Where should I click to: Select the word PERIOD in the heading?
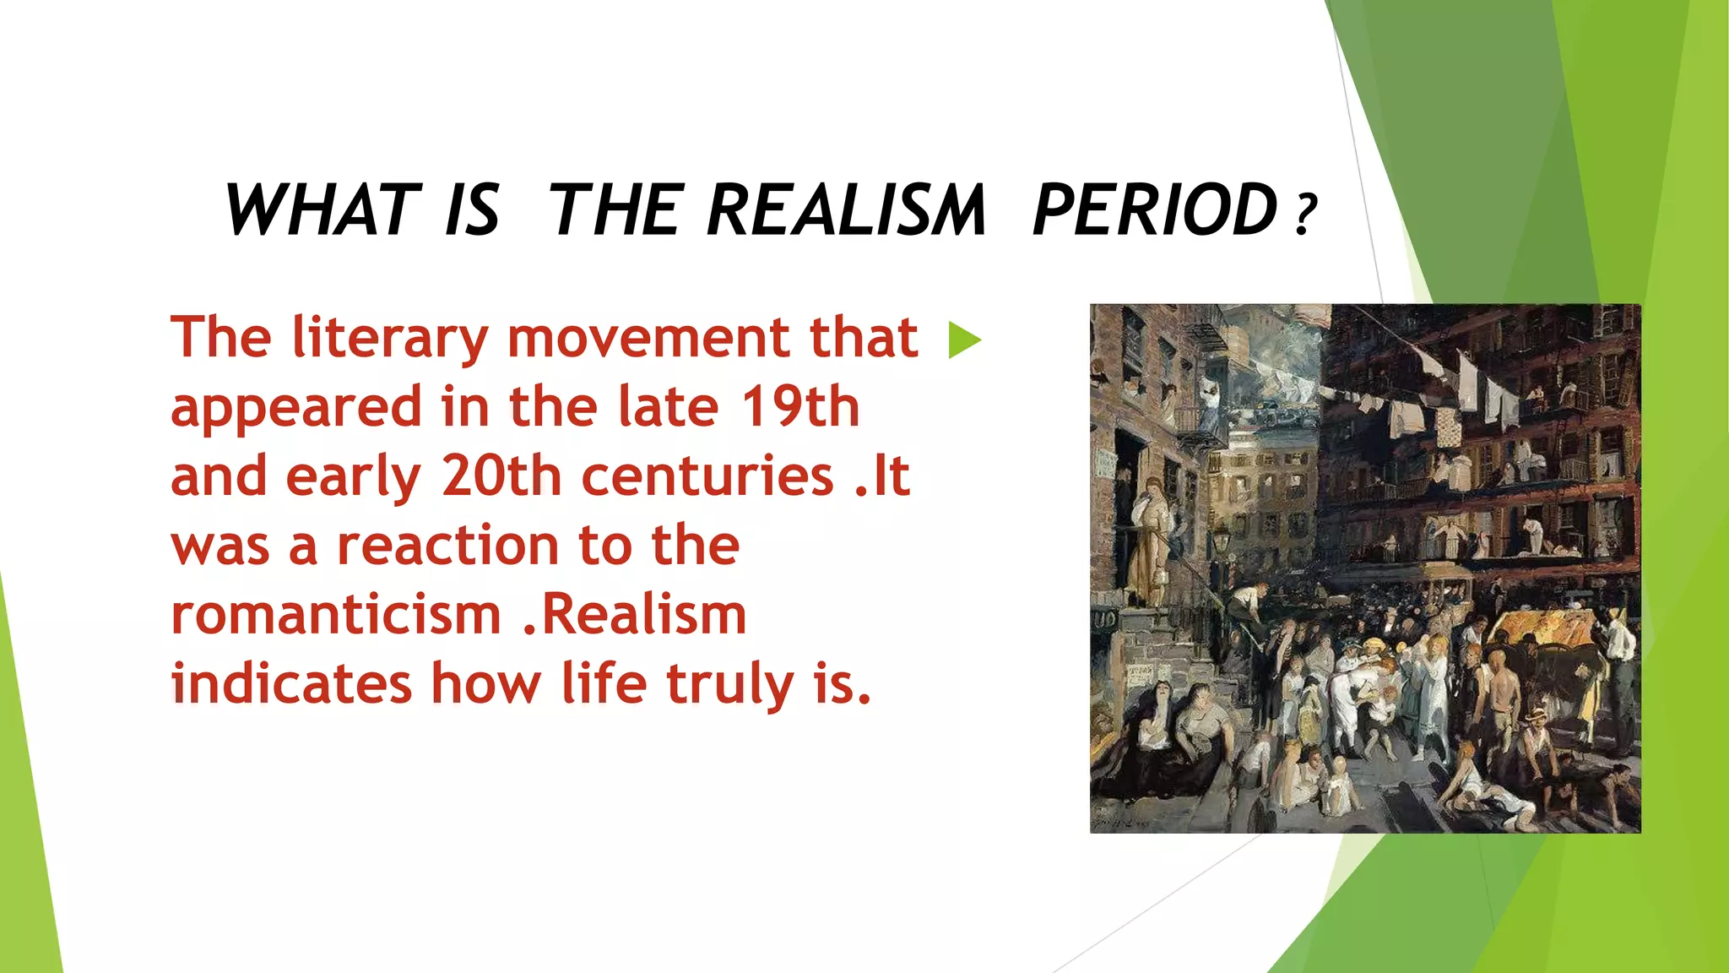click(1155, 209)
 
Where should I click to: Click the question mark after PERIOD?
click(1305, 215)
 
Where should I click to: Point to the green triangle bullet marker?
click(965, 340)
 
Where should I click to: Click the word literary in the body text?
click(390, 338)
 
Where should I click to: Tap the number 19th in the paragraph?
click(800, 407)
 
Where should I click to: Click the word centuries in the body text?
click(707, 476)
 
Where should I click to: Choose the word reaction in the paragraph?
click(448, 546)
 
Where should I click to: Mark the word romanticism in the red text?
click(336, 615)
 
